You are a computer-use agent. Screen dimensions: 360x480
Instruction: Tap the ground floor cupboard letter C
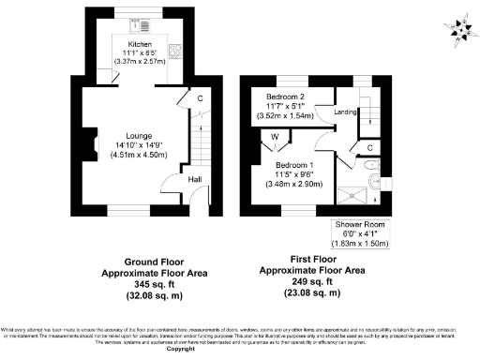point(201,97)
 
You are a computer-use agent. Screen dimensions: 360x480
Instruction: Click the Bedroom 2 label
point(285,97)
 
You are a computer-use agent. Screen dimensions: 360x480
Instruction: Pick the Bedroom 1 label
point(292,166)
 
